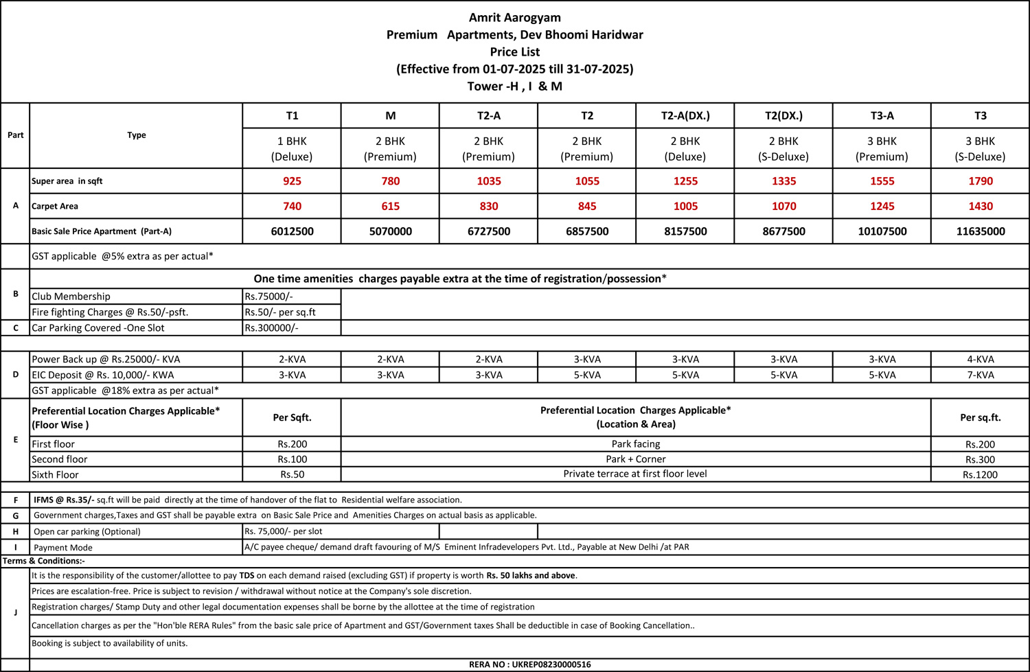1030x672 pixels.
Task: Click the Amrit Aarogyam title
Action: pyautogui.click(x=514, y=18)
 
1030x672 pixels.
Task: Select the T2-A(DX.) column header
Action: pyautogui.click(x=685, y=115)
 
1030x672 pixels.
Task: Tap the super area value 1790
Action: pyautogui.click(x=980, y=181)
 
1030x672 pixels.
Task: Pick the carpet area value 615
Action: pyautogui.click(x=390, y=206)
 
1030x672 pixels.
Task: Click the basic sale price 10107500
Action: pyautogui.click(x=882, y=231)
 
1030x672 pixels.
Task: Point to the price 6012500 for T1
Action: pyautogui.click(x=292, y=231)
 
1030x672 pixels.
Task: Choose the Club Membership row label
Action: pyautogui.click(x=71, y=297)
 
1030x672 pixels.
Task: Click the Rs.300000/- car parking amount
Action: pyautogui.click(x=271, y=328)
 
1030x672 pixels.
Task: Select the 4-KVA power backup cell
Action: pyautogui.click(x=980, y=359)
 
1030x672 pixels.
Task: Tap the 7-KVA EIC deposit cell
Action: pyautogui.click(x=980, y=375)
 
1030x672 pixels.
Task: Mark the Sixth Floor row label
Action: pyautogui.click(x=55, y=474)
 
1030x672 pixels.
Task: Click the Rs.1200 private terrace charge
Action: pyautogui.click(x=980, y=474)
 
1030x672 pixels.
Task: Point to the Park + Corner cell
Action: pyautogui.click(x=635, y=459)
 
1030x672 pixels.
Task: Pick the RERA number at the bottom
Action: pyautogui.click(x=529, y=664)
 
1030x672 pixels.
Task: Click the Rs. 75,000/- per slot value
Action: pyautogui.click(x=283, y=531)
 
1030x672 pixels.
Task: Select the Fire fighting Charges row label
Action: pyautogui.click(x=110, y=312)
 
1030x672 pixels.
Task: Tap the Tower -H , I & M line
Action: pyautogui.click(x=514, y=86)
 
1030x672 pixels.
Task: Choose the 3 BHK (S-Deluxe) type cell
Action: pyautogui.click(x=980, y=148)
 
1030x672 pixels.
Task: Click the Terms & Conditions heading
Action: pyautogui.click(x=43, y=561)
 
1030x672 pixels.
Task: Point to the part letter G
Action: pyautogui.click(x=15, y=515)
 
